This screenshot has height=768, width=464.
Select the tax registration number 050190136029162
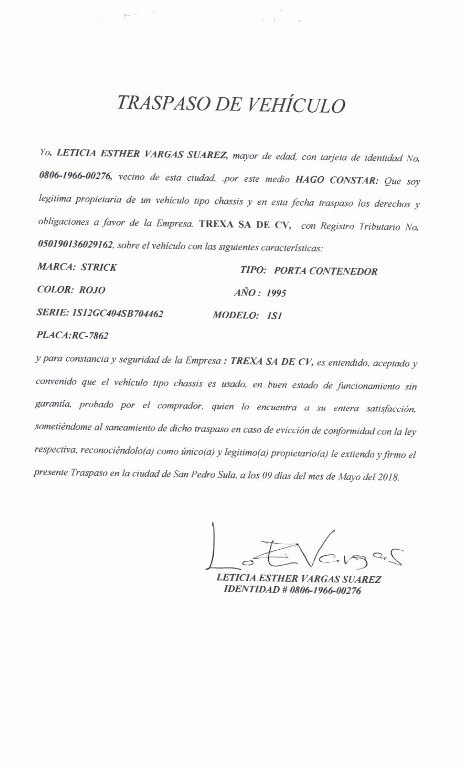click(x=75, y=244)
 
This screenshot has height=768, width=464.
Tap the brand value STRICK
click(x=99, y=267)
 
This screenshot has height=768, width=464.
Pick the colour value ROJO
click(x=92, y=290)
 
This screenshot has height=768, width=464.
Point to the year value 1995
click(x=276, y=293)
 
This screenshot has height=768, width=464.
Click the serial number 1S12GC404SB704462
click(x=118, y=313)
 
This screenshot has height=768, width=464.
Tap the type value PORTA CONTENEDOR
click(x=326, y=271)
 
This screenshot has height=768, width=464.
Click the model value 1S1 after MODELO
click(x=274, y=316)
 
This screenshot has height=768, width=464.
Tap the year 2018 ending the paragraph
click(x=388, y=477)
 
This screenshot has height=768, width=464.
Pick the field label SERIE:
click(x=52, y=313)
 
